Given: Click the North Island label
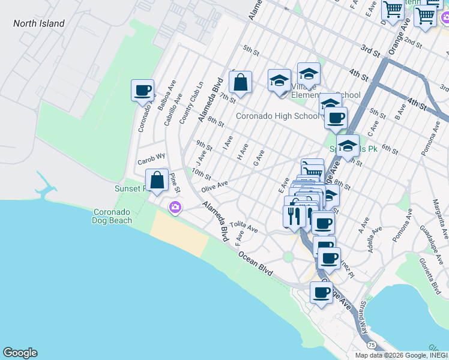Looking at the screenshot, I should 39,23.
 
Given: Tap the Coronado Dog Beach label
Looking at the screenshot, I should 112,216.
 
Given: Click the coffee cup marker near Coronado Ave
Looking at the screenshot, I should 143,91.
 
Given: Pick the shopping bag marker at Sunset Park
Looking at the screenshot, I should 157,180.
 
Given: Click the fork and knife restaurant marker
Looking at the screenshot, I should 294,215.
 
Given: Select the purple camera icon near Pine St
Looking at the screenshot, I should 175,208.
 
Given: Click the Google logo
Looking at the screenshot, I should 20,353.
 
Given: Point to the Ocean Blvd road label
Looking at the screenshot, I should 255,263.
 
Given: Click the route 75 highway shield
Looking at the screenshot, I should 372,345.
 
